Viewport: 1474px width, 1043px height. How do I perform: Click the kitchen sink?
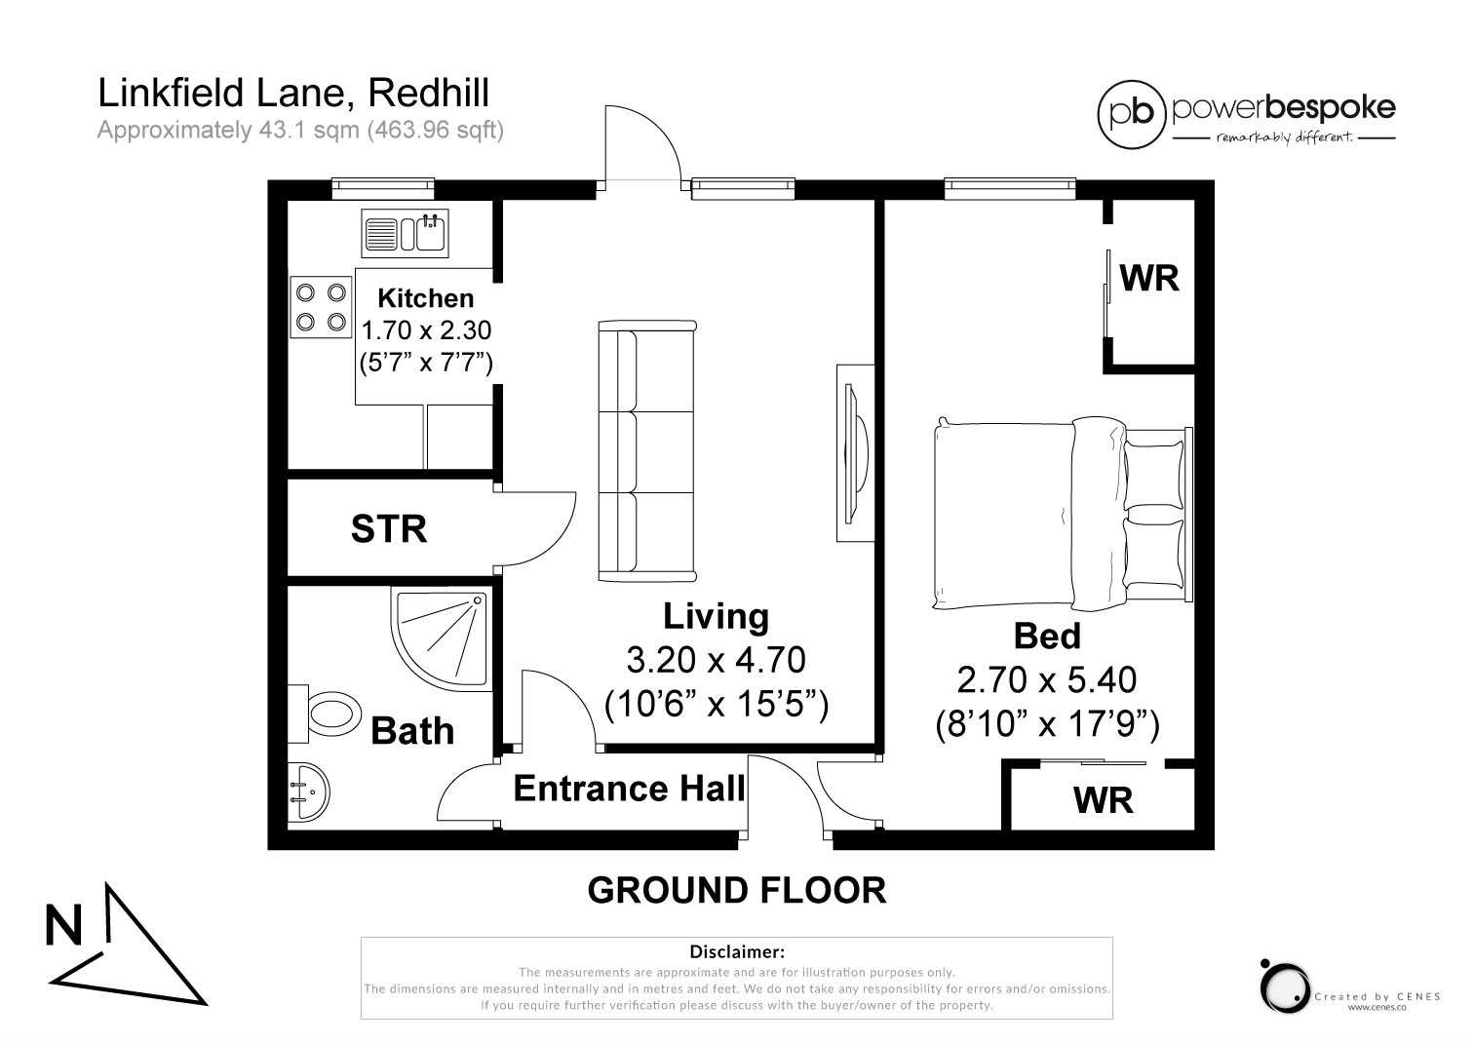[405, 233]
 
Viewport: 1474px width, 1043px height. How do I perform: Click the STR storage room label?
[388, 529]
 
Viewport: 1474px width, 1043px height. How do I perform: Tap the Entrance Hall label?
[629, 789]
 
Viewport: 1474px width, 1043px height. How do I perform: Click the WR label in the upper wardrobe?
[1149, 279]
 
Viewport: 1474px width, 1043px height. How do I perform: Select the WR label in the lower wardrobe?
[1103, 801]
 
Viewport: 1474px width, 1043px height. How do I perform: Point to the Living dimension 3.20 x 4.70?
[716, 660]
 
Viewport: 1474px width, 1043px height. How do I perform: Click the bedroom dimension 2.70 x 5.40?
[1047, 679]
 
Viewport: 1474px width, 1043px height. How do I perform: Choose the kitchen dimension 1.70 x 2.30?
[426, 331]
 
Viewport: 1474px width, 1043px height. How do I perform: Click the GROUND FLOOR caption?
[736, 890]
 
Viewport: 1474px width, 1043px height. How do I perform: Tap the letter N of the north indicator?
[64, 925]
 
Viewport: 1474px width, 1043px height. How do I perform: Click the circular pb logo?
[1132, 114]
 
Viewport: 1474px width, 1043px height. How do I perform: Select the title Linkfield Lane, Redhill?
[293, 94]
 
